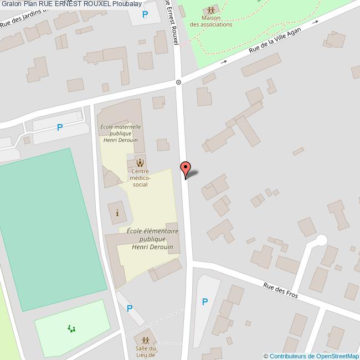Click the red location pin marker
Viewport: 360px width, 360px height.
tap(186, 168)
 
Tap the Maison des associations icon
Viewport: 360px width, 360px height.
tap(210, 11)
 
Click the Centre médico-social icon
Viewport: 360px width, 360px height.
tap(140, 163)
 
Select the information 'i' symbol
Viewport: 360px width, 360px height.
tap(117, 213)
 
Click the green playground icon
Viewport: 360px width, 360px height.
tap(71, 329)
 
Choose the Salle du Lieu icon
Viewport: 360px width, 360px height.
tap(146, 340)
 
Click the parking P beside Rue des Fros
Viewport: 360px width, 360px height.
tap(204, 302)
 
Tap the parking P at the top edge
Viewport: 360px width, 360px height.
tap(145, 14)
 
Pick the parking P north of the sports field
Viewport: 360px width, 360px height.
tap(60, 127)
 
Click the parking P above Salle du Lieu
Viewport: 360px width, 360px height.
tap(130, 308)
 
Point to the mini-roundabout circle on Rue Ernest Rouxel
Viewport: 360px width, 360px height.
tap(178, 82)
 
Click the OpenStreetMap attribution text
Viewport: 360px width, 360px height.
tap(311, 356)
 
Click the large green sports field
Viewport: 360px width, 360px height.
tap(50, 222)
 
